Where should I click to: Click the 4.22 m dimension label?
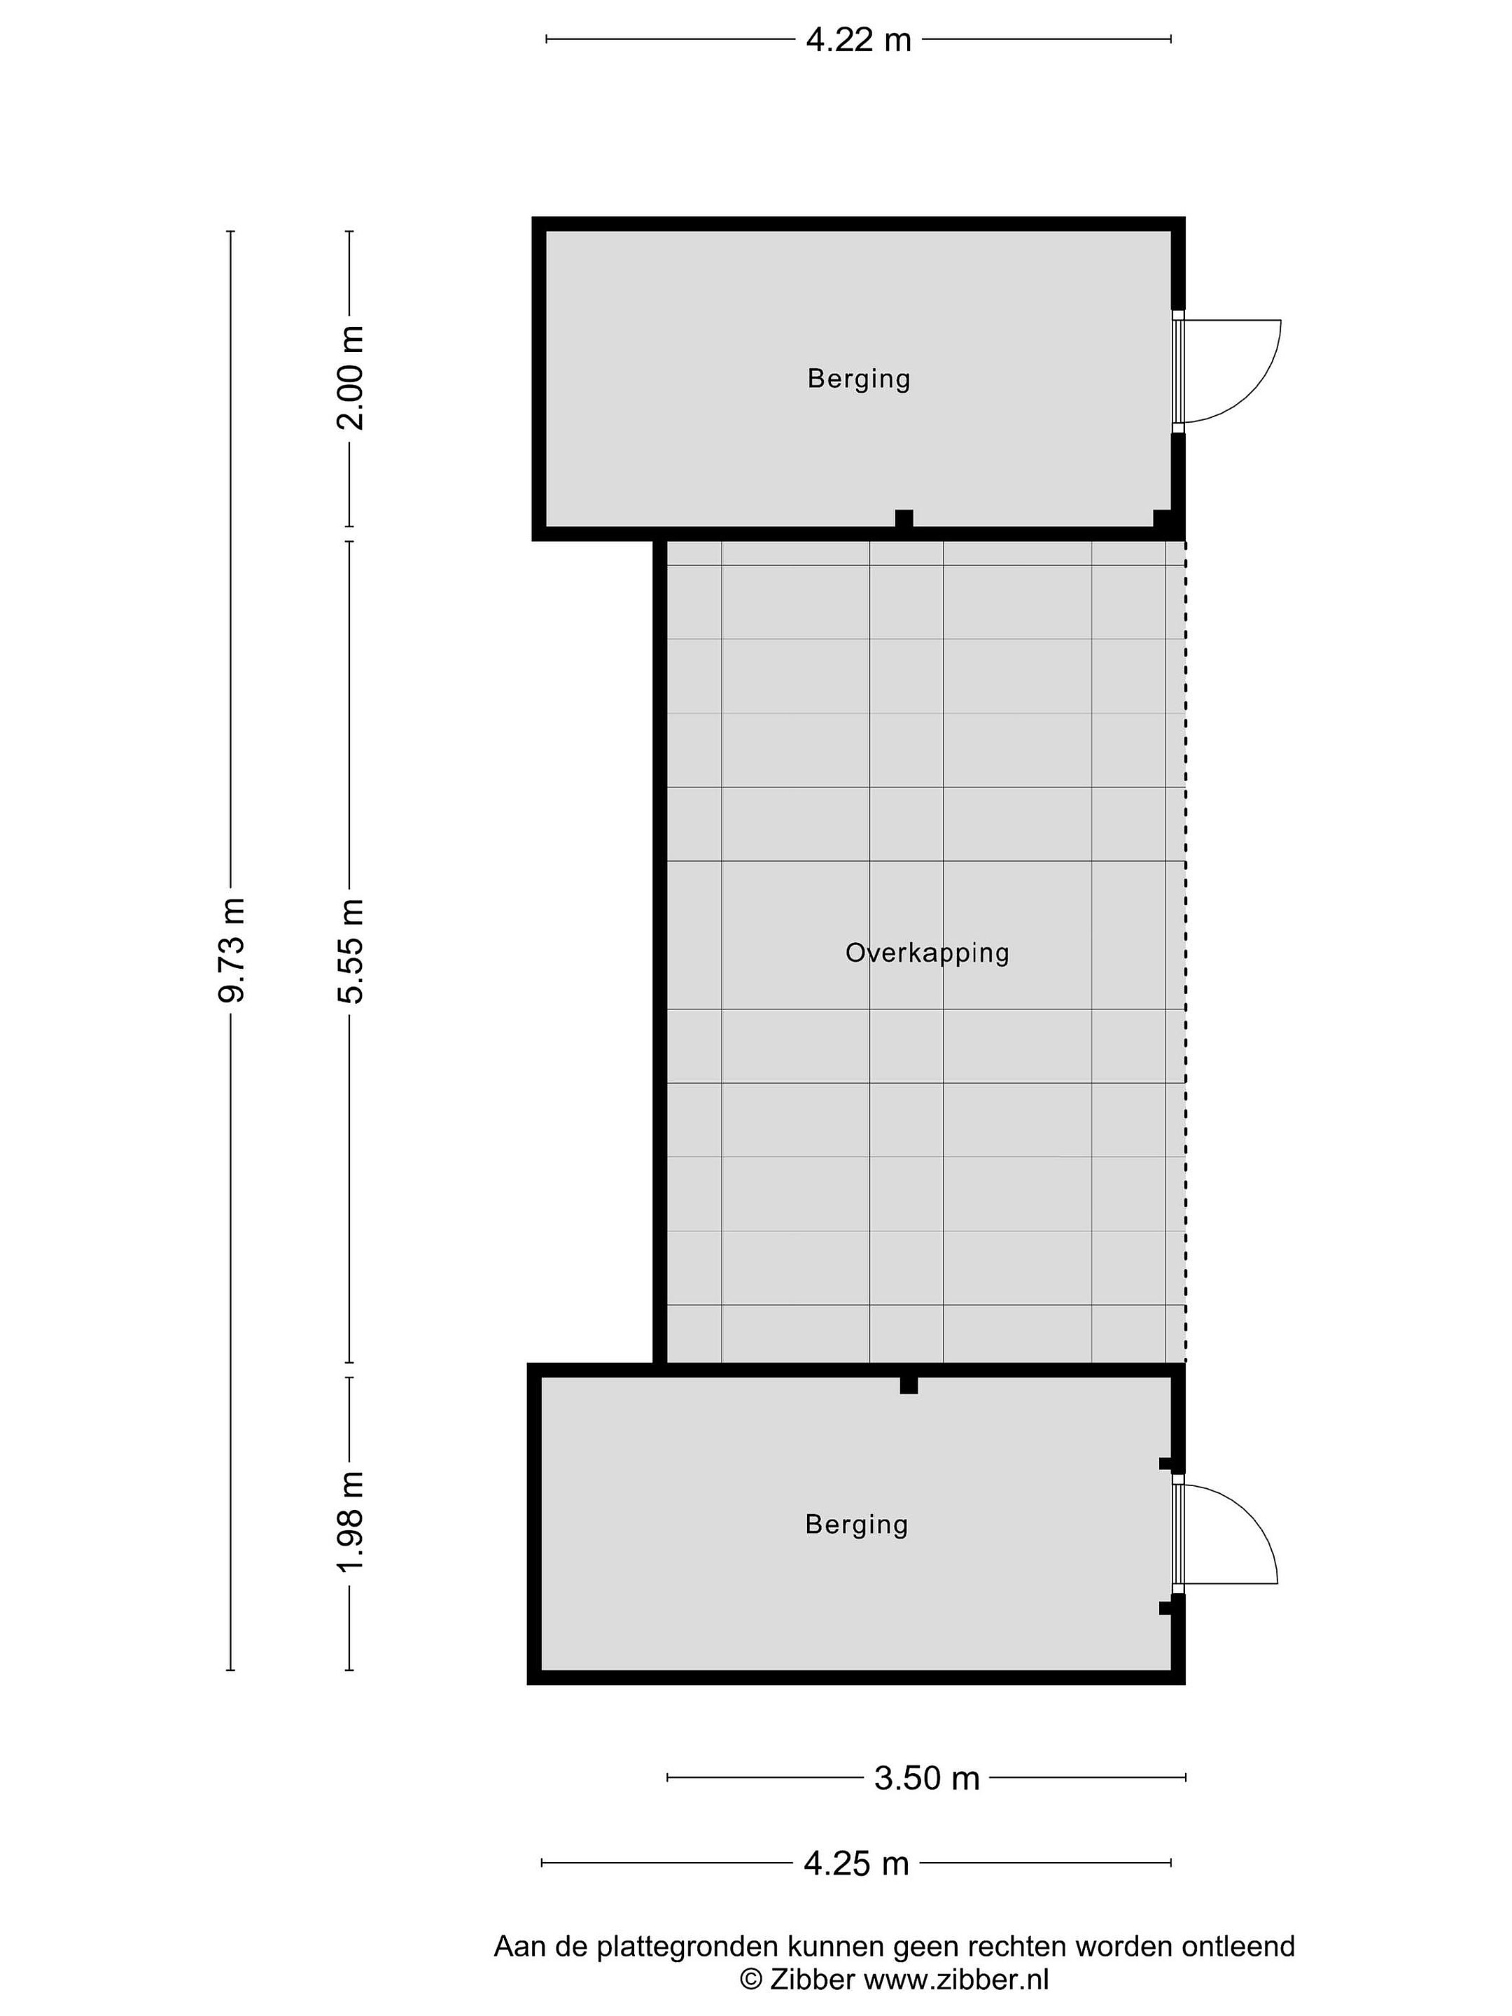point(857,40)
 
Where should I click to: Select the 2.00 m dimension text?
point(350,377)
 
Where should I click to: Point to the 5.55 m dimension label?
point(350,951)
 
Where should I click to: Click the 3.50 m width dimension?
point(926,1778)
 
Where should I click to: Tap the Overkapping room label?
point(927,953)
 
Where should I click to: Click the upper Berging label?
point(858,379)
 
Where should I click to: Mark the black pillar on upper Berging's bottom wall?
point(903,519)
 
